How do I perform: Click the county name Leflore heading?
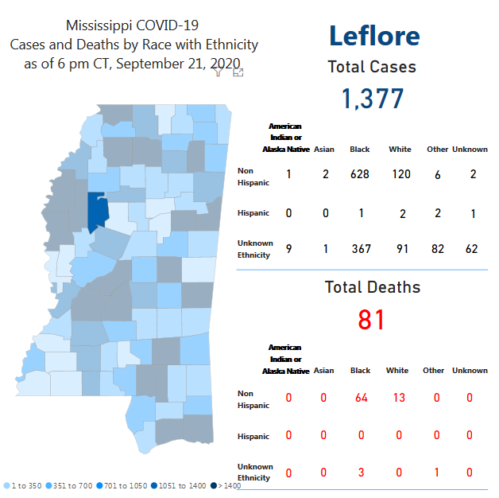[x=373, y=36]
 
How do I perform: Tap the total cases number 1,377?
[x=373, y=99]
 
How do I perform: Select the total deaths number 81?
[x=372, y=319]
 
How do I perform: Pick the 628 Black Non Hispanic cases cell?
[x=360, y=174]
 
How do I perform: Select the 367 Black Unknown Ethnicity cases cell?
[x=360, y=249]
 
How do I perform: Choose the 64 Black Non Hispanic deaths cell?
[x=360, y=397]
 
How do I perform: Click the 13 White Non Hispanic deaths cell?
[x=398, y=397]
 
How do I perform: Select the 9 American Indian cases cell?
[x=288, y=249]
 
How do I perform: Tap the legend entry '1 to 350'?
[x=25, y=485]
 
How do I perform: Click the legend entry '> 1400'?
[x=209, y=485]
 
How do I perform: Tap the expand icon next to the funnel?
[x=238, y=72]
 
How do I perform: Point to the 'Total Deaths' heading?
[x=373, y=287]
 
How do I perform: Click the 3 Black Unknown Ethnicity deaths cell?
[x=360, y=472]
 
